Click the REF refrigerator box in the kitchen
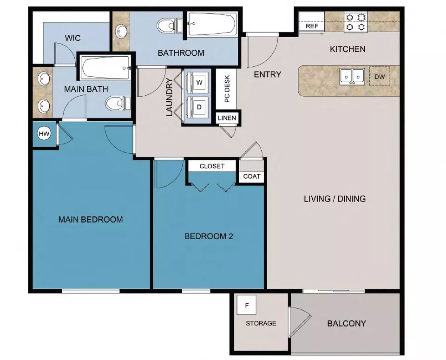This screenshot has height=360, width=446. (312, 26)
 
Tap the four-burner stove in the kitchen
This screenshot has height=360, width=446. (355, 22)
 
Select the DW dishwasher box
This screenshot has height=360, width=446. (380, 77)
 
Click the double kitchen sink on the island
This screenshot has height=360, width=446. (352, 76)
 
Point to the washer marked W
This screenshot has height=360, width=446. (199, 83)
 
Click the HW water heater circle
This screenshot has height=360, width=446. (44, 134)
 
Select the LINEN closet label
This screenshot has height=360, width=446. (227, 118)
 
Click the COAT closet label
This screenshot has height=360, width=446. (252, 177)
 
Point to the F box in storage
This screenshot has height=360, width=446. (247, 306)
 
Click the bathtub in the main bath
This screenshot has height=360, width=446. (105, 69)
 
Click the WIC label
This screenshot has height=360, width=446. (73, 37)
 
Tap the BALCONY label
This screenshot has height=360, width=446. (347, 323)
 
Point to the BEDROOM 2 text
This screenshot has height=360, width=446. (209, 236)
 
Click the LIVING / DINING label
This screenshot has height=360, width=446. (334, 199)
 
